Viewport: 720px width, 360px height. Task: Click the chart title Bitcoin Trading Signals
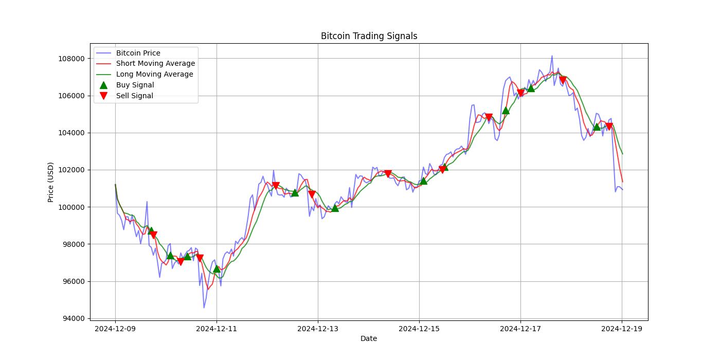(369, 36)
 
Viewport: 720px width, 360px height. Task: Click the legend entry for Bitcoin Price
(138, 53)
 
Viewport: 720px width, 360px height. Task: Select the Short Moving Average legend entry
(155, 64)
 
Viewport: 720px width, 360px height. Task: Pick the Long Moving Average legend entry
(154, 74)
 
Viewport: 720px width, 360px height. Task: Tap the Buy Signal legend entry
(135, 85)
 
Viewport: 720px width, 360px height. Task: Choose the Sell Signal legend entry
(134, 96)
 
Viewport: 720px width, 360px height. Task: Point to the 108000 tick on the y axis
(71, 59)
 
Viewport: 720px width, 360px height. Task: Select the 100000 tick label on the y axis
(71, 207)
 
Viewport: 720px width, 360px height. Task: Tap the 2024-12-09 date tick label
(115, 329)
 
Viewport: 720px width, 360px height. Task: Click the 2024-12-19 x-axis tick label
(622, 329)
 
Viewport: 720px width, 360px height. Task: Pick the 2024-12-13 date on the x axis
(318, 329)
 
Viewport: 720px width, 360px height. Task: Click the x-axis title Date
(368, 338)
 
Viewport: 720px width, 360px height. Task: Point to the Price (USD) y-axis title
(50, 182)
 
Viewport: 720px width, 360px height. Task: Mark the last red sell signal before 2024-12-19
(609, 127)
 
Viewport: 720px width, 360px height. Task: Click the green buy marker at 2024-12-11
(217, 268)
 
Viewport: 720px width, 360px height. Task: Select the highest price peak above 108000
(552, 56)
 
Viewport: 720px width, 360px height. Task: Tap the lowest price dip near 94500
(204, 308)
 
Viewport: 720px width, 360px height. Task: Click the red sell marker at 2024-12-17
(520, 93)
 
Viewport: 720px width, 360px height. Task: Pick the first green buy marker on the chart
(151, 231)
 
